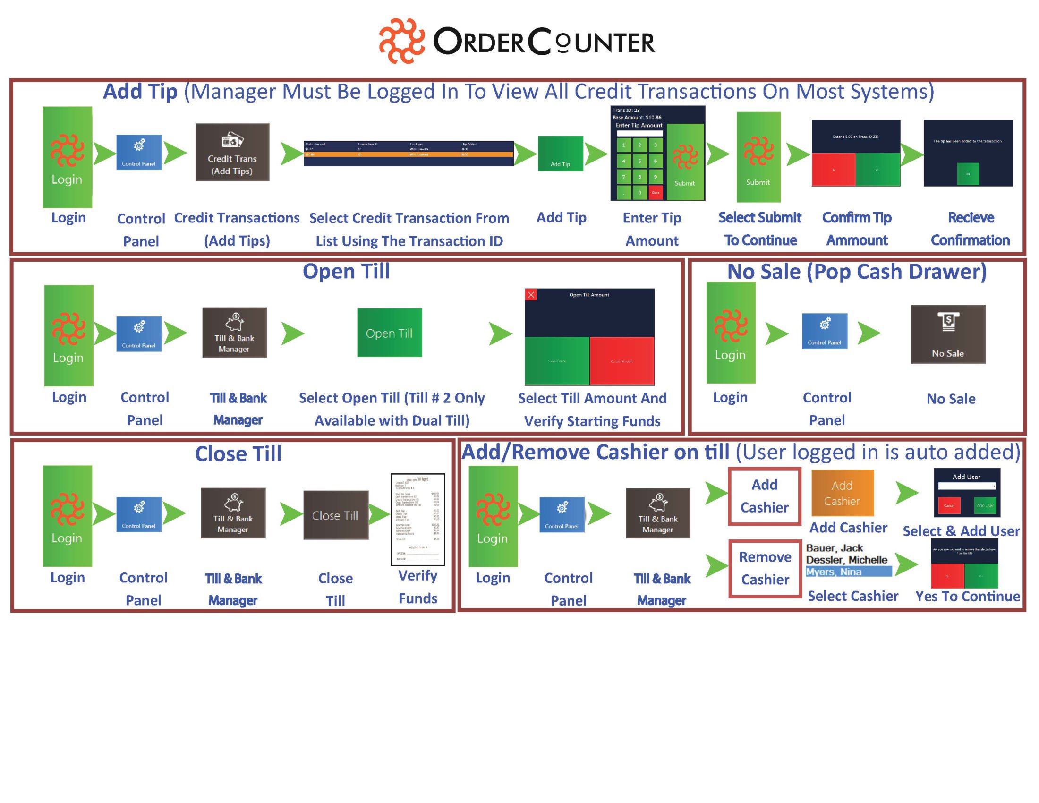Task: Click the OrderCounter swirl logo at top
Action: coord(401,41)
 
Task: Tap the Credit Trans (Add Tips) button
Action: coord(232,152)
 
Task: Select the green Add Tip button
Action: coord(560,154)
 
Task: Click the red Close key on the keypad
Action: coord(655,193)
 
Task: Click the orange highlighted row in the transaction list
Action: coord(408,154)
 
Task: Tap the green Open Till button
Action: coord(389,333)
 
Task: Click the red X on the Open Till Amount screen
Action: coord(531,295)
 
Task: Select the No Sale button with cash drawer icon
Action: coord(948,334)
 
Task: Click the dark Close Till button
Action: coord(335,515)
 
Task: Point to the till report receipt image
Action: coord(417,519)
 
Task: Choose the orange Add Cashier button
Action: coord(842,493)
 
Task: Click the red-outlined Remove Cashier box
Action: coord(765,568)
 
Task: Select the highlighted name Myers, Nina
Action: coord(834,572)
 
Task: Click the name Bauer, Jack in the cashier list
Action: coord(834,548)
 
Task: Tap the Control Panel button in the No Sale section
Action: coord(824,331)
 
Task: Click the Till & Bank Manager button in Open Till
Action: coord(234,333)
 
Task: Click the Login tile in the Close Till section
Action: coord(67,516)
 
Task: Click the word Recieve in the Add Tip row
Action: coord(971,217)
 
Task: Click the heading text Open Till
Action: coord(346,272)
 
